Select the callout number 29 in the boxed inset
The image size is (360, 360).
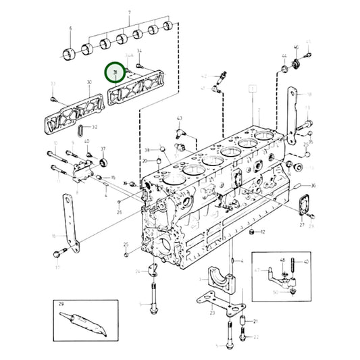pyautogui.click(x=61, y=305)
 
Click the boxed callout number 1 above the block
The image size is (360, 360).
pyautogui.click(x=252, y=88)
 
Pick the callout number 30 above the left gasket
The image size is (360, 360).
pyautogui.click(x=88, y=83)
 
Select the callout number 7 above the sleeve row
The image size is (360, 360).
pyautogui.click(x=120, y=12)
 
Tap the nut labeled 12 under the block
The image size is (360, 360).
pyautogui.click(x=252, y=232)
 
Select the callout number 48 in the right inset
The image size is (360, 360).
pyautogui.click(x=282, y=260)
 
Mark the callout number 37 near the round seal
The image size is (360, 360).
pyautogui.click(x=103, y=149)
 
